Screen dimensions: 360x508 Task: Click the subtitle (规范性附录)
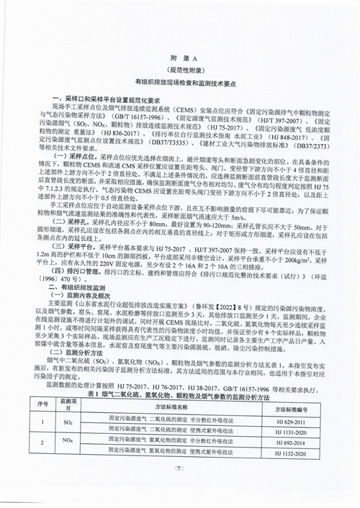(x=180, y=72)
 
